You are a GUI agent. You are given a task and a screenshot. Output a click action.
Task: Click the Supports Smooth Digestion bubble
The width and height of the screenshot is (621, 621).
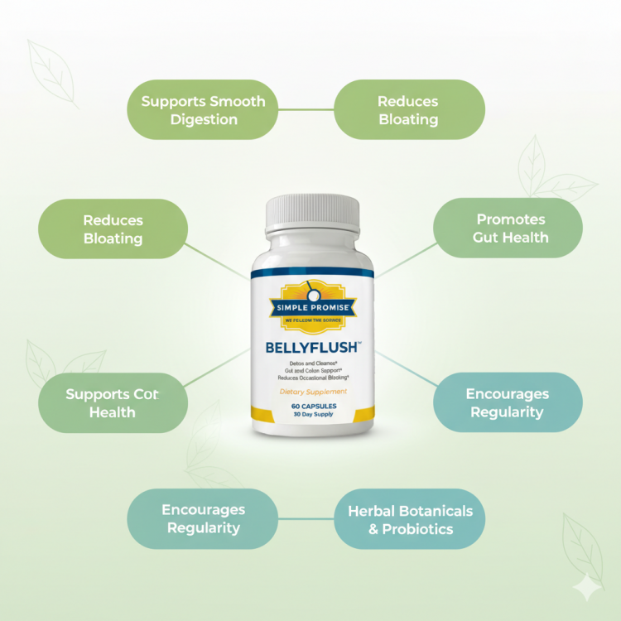click(202, 110)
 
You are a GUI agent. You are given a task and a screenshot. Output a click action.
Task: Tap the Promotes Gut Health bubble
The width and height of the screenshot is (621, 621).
click(508, 228)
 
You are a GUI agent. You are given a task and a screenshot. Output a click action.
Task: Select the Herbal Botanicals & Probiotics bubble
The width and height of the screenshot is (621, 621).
click(409, 519)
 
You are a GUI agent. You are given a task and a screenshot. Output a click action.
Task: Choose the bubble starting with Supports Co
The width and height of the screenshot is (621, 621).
click(113, 403)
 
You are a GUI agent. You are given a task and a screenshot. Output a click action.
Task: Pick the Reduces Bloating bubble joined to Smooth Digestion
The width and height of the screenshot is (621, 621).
click(408, 110)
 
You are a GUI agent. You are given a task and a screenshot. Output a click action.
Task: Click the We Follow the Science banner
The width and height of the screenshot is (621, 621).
click(311, 319)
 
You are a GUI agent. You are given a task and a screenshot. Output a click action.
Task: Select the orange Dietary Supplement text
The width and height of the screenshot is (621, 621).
click(312, 392)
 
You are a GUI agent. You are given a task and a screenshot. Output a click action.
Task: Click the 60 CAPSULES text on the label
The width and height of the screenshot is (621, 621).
click(312, 407)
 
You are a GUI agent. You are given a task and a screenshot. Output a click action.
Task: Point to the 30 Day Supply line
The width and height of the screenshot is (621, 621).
click(312, 416)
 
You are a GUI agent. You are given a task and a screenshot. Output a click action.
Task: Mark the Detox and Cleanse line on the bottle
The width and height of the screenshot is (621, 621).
click(312, 362)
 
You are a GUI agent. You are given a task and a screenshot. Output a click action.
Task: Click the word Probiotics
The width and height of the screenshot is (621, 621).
click(417, 529)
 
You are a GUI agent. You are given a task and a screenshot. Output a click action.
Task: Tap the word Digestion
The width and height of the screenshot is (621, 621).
click(204, 119)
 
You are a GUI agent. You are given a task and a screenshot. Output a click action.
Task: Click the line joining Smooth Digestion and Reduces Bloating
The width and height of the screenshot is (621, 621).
click(306, 109)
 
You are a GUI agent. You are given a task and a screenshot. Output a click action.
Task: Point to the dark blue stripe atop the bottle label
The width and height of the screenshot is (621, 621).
click(312, 272)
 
